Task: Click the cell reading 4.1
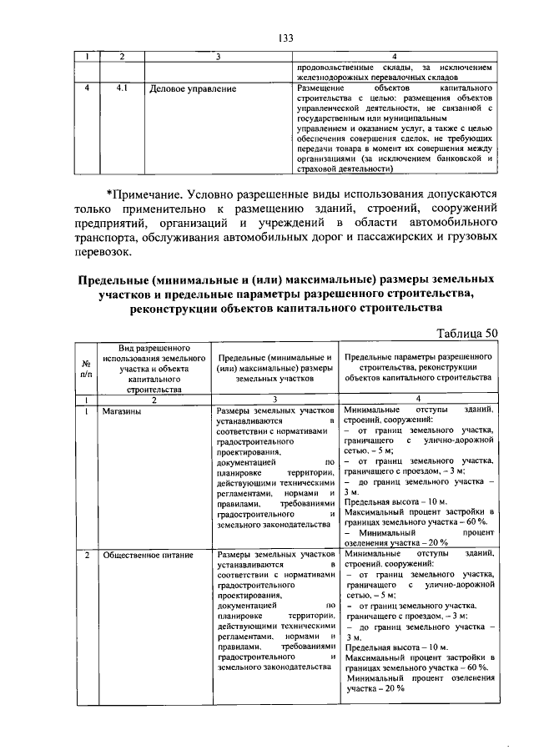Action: click(x=122, y=88)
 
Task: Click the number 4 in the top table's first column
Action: click(x=88, y=88)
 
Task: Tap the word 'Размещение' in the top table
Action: click(x=320, y=88)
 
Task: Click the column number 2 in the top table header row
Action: click(x=122, y=57)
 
